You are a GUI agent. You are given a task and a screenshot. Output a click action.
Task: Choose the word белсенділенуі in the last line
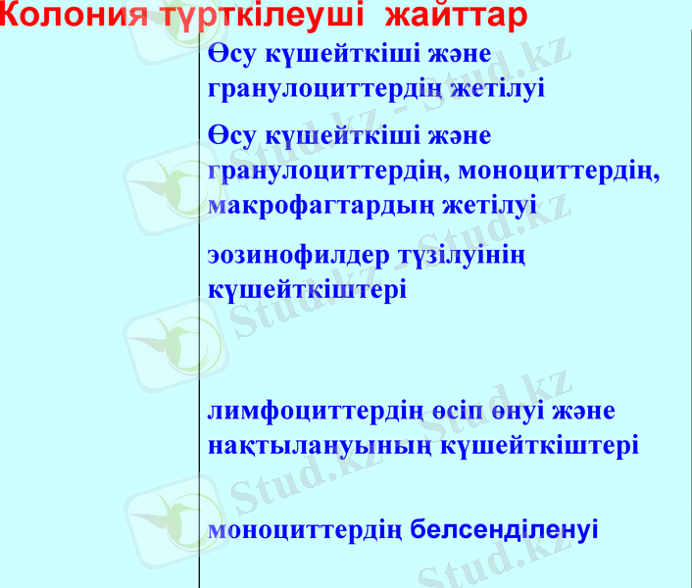point(504,530)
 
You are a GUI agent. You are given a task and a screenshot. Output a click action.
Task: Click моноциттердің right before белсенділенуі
point(305,531)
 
